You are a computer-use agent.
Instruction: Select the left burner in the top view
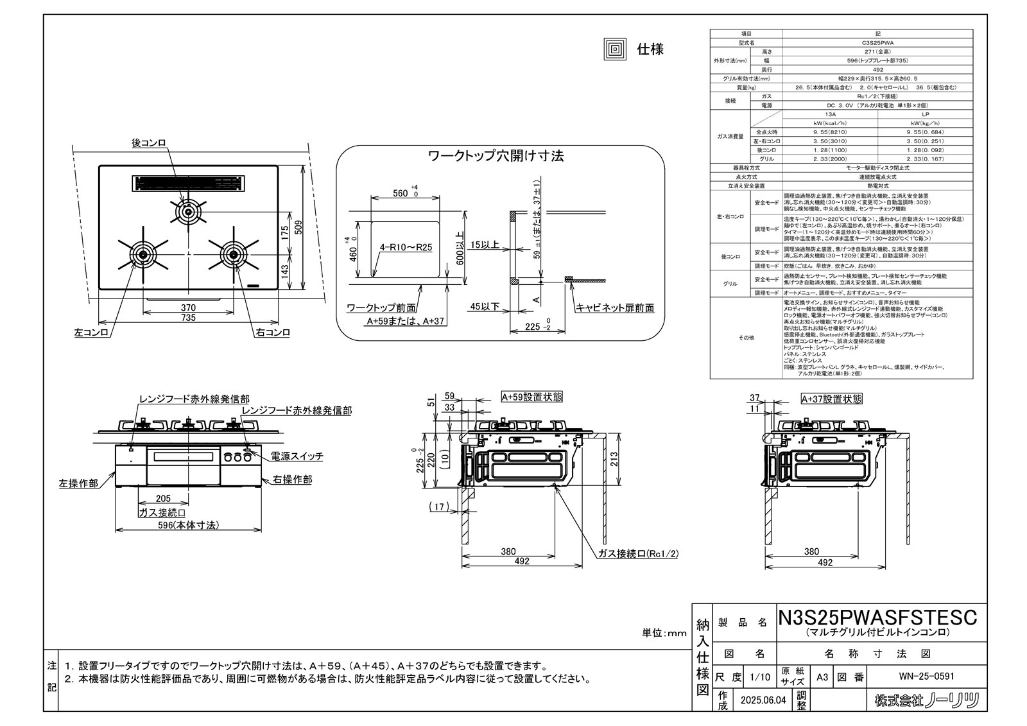click(142, 254)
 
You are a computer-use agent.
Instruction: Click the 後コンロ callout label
click(149, 144)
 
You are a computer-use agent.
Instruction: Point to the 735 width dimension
click(188, 318)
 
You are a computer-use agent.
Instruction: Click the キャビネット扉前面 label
click(615, 308)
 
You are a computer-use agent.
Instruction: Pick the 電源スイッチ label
click(297, 456)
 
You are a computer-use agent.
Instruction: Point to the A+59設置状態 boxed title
click(531, 397)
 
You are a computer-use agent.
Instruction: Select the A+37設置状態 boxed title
click(831, 399)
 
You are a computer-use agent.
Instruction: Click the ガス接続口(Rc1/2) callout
click(638, 554)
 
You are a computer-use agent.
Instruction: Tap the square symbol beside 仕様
click(614, 49)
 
